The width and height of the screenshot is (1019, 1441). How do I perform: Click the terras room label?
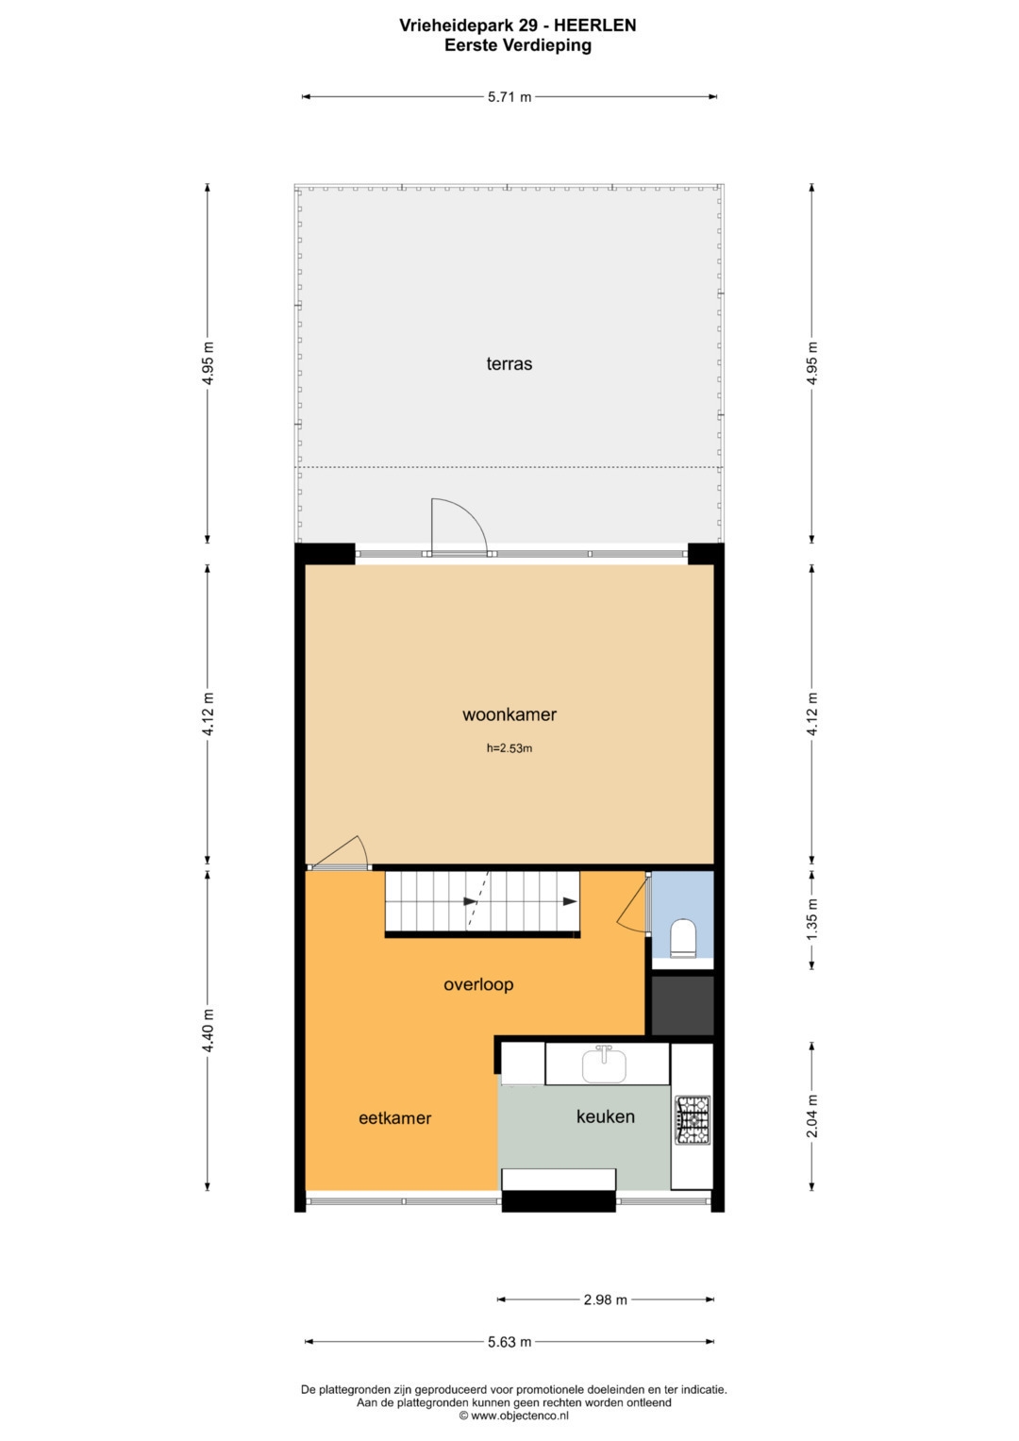click(509, 364)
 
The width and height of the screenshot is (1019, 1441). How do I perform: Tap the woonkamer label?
click(509, 714)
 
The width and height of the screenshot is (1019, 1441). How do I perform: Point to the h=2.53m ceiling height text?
click(509, 748)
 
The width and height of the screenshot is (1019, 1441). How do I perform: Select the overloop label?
click(478, 984)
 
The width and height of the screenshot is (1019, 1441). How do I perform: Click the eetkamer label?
click(395, 1118)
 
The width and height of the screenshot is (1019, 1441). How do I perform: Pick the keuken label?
click(606, 1116)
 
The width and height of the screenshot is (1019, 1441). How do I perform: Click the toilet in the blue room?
click(682, 939)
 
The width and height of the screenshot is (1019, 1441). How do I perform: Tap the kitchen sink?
click(604, 1064)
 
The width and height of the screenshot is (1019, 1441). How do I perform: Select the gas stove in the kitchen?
click(693, 1120)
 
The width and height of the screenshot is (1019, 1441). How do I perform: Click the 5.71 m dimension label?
click(509, 97)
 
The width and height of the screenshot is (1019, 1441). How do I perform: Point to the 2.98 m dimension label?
click(606, 1299)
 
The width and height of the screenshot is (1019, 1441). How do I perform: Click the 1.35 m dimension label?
click(811, 920)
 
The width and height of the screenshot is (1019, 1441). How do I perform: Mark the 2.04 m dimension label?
click(811, 1115)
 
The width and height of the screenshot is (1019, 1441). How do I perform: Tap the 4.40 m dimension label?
click(208, 1030)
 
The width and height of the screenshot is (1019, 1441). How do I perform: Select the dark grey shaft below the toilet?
click(682, 1005)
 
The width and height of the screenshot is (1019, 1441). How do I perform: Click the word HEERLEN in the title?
click(595, 25)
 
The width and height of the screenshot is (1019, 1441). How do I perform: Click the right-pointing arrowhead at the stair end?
click(570, 901)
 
